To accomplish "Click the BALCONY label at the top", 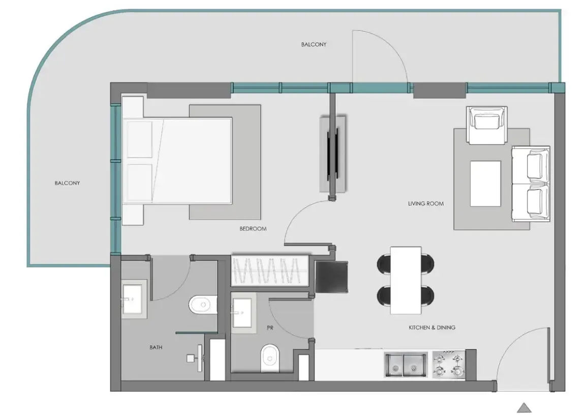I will point(314,45).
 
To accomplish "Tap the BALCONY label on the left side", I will point(67,183).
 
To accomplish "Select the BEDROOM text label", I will point(253,229).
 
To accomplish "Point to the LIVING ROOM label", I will point(425,204).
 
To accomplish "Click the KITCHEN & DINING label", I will point(432,327).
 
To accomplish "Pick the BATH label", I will point(156,348).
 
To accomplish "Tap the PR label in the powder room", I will point(270,328).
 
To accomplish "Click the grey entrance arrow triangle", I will point(524,407).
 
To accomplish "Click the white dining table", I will point(406,280).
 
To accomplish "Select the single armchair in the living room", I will point(487,125).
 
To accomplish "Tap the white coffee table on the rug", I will point(485,183).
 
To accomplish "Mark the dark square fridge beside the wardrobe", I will point(332,277).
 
